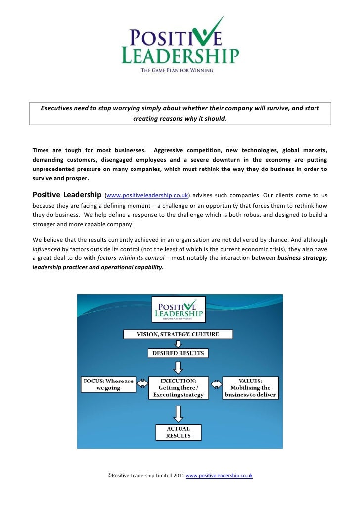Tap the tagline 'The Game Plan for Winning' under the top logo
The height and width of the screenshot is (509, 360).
tap(177, 70)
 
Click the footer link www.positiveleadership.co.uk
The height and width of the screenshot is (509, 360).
tap(219, 475)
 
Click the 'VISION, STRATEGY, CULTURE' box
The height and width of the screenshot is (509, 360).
tap(178, 334)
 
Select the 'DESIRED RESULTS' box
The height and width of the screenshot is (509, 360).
tap(178, 353)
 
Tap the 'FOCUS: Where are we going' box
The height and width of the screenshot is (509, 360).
tap(107, 384)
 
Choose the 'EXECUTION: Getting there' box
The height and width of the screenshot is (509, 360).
tap(178, 387)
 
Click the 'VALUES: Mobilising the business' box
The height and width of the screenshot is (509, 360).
tap(250, 387)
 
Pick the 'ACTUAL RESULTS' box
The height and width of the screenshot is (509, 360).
tap(178, 432)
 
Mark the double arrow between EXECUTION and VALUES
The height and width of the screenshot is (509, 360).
tap(216, 384)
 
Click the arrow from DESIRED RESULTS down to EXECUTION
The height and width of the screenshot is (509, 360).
tap(178, 367)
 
